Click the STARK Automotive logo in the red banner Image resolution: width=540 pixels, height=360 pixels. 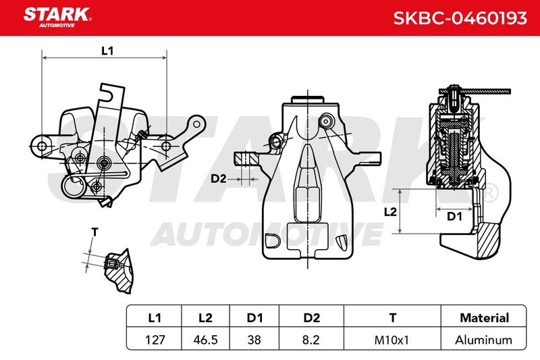tap(57, 18)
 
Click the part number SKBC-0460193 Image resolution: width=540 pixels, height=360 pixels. tap(460, 18)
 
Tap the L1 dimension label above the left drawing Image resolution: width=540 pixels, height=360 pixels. tap(107, 51)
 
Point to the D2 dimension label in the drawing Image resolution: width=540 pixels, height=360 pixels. tap(218, 179)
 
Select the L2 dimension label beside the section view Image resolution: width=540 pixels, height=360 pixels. tap(390, 212)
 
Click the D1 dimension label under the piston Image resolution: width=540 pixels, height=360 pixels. tap(454, 216)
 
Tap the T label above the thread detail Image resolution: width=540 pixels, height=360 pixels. tap(94, 232)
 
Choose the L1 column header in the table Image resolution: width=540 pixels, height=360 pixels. tap(155, 317)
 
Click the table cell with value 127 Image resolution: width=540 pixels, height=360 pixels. tap(155, 340)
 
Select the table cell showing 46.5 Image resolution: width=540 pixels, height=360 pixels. tap(206, 340)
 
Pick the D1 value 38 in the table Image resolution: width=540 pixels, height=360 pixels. tap(254, 340)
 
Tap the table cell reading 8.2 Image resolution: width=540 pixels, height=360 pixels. tap(310, 340)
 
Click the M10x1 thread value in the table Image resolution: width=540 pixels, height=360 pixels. tap(391, 340)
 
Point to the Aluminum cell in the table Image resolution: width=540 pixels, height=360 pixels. tap(483, 340)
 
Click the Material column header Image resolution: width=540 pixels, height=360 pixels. tap(484, 317)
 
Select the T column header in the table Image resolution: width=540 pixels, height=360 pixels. tap(393, 317)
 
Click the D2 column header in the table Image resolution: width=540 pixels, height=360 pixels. tap(312, 317)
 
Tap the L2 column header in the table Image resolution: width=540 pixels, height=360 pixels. tap(206, 317)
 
